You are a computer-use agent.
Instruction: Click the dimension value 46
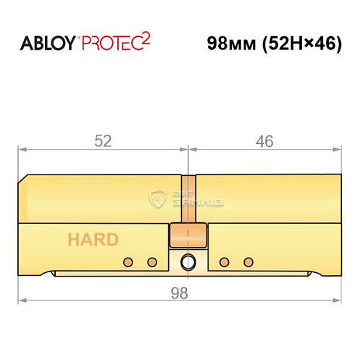pyautogui.click(x=265, y=142)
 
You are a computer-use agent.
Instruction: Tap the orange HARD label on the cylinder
pyautogui.click(x=93, y=240)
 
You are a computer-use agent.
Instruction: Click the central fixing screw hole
pyautogui.click(x=188, y=261)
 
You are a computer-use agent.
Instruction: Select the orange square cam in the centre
pyautogui.click(x=188, y=235)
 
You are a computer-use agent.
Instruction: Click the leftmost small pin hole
pyautogui.click(x=127, y=261)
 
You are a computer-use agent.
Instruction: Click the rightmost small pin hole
pyautogui.click(x=249, y=261)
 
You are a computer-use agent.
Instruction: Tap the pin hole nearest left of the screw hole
pyautogui.click(x=152, y=261)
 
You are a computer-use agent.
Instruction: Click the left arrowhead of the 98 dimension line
pyautogui.click(x=22, y=299)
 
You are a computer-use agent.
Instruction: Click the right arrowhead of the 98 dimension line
pyautogui.click(x=338, y=299)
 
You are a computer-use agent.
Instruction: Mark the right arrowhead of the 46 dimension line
pyautogui.click(x=338, y=150)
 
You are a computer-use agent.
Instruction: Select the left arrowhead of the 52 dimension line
pyautogui.click(x=22, y=150)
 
